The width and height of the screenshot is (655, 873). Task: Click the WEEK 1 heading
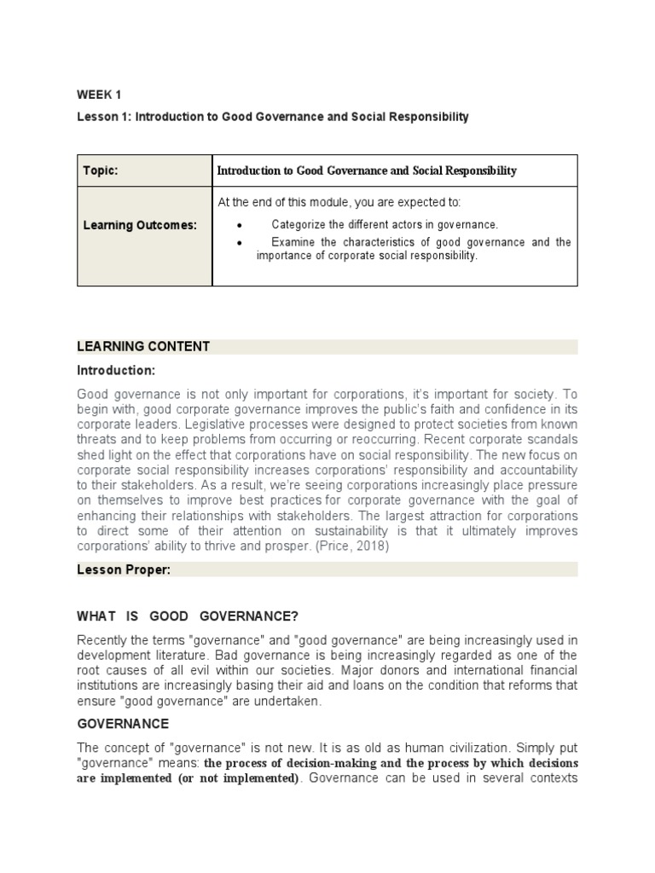click(99, 95)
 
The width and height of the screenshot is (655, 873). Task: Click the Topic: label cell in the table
click(101, 171)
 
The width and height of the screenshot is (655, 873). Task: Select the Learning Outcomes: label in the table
click(140, 225)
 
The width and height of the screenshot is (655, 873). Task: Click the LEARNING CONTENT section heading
click(143, 346)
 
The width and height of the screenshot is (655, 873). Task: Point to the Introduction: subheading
click(116, 371)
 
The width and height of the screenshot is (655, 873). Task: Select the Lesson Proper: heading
click(124, 570)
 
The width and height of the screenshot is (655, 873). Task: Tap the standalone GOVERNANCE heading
click(123, 723)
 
